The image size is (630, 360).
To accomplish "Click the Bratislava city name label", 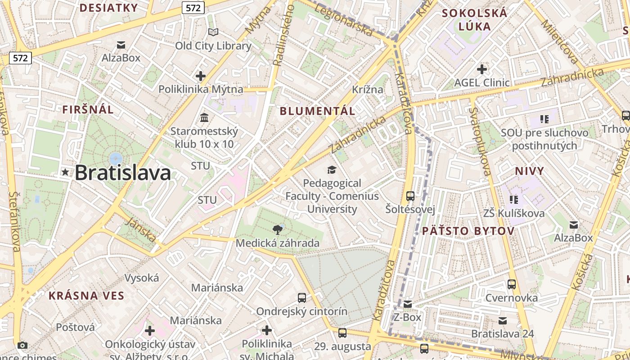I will pos(122,173).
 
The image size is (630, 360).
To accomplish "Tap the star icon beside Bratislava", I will pos(66,172).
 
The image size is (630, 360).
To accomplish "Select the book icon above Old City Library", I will pos(213,32).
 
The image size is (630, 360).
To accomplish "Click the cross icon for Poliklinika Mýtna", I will pos(201,76).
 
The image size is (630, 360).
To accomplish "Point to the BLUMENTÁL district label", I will pos(318,111).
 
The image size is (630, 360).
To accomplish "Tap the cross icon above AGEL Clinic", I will pos(482,69).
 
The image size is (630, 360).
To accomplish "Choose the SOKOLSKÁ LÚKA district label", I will pos(474,20).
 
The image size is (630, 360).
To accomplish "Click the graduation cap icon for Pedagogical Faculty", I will pos(332,170).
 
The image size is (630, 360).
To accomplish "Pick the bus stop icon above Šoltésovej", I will pos(410,196).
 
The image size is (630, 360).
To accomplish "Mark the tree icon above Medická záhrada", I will pos(278,230).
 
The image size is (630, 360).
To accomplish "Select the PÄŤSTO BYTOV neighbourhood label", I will pos(468,231).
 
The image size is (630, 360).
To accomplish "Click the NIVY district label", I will pos(530,171).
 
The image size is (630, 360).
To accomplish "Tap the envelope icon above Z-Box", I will pos(407,304).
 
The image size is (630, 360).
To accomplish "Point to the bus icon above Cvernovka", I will pos(511,284).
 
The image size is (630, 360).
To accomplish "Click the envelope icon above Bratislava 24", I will pos(503,321).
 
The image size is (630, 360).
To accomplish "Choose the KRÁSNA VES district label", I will pos(86,296).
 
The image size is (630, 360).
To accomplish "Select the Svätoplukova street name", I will pos(480,141).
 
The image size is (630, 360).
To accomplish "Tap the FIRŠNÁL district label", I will pos(88,109).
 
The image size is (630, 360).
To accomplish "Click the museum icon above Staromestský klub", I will pos(204,118).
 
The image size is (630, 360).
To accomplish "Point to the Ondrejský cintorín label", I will pos(301,311).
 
